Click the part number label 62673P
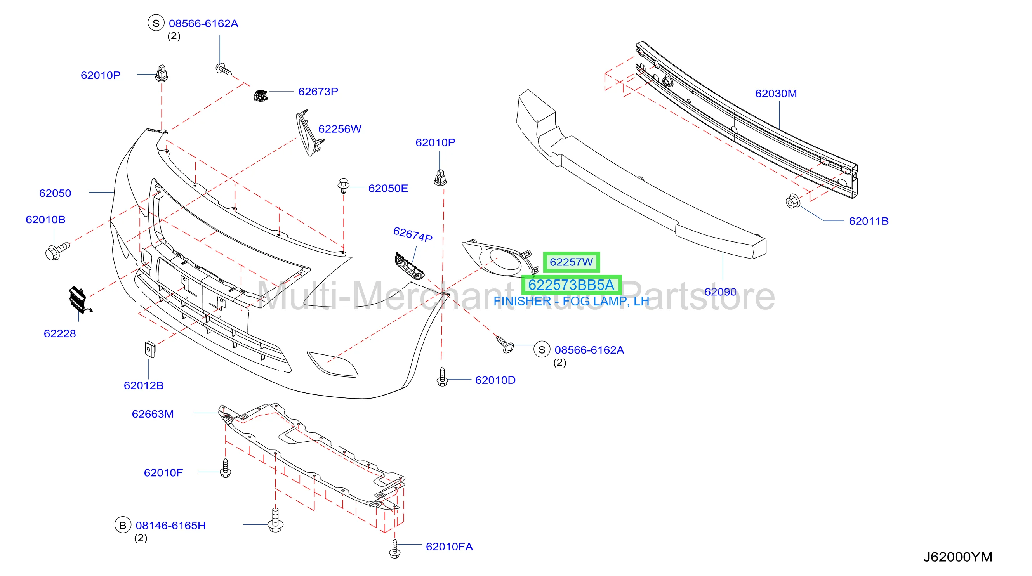318,92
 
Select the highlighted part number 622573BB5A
571,285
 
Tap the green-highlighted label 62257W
571,262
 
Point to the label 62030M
776,94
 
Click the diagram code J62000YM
958,557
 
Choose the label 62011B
869,221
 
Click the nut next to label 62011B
793,201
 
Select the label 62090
720,292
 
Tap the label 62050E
388,188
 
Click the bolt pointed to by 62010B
57,251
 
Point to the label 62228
60,334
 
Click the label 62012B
144,386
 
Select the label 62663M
153,414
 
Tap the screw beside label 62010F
226,468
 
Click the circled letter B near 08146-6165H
123,525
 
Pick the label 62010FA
450,547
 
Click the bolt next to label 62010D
442,377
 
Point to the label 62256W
340,129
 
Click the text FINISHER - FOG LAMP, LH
571,301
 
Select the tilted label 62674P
413,234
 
